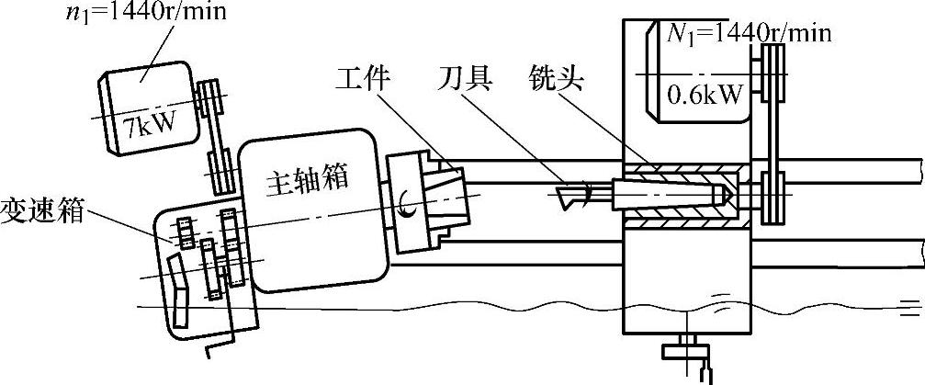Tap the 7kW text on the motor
coord(152,119)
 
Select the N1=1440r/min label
coord(747,34)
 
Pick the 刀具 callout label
coord(466,80)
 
